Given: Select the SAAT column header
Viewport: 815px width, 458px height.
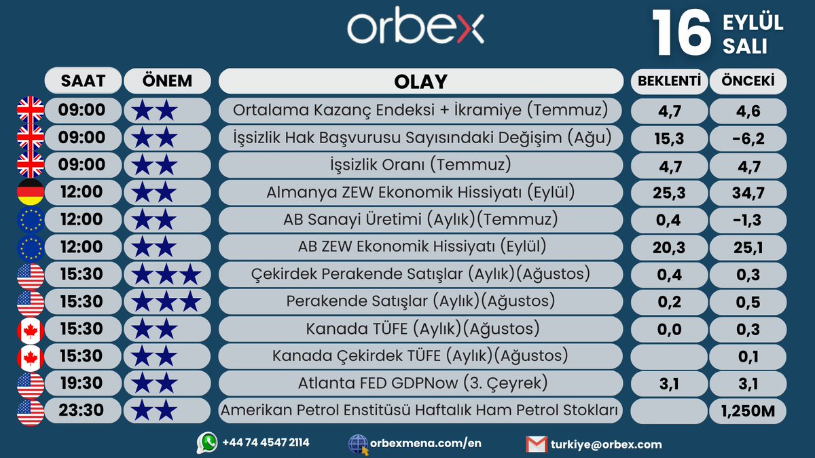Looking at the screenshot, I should (83, 81).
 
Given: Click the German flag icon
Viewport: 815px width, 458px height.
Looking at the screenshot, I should (30, 192).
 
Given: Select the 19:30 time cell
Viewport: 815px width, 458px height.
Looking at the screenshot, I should (81, 383).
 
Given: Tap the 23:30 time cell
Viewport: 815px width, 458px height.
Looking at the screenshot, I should (81, 411).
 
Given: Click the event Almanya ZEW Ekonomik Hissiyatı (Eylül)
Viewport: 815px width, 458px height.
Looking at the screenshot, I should (421, 192).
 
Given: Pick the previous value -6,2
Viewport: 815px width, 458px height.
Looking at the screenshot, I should (748, 138).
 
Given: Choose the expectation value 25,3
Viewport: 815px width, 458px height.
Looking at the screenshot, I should (669, 193).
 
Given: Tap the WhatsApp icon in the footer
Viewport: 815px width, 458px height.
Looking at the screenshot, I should (207, 442).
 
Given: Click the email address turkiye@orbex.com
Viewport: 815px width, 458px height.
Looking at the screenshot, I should (607, 444).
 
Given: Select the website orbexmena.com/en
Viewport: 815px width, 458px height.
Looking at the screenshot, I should (426, 443).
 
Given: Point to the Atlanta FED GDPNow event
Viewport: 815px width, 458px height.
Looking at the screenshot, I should (421, 383).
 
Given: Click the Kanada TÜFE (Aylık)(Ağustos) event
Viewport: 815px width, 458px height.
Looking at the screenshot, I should (421, 329).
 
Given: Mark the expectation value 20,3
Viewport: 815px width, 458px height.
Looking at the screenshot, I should (669, 248).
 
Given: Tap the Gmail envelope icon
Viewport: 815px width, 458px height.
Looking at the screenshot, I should (537, 444).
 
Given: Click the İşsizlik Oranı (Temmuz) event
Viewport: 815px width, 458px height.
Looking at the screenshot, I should (421, 165).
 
